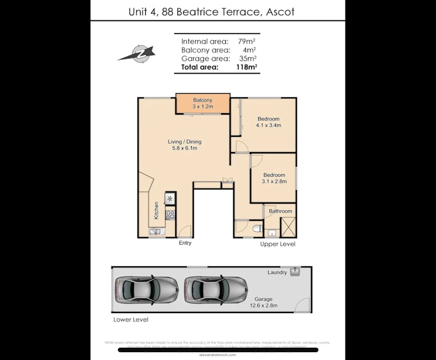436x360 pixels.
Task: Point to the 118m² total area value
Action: (x=246, y=67)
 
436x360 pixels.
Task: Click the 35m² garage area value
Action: (x=247, y=58)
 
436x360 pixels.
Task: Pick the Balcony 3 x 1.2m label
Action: (x=202, y=103)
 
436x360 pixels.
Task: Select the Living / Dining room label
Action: (x=184, y=145)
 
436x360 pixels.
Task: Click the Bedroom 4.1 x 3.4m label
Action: (x=268, y=122)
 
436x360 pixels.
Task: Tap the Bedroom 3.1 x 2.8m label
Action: (x=274, y=178)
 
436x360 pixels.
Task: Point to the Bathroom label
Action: (x=280, y=211)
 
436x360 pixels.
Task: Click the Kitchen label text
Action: (x=156, y=211)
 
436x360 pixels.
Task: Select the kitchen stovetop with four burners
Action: (x=171, y=214)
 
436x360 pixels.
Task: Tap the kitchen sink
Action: (x=156, y=231)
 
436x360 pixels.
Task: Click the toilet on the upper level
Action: (x=256, y=228)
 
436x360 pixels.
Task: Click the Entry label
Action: (x=185, y=243)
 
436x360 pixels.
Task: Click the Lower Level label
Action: (x=131, y=319)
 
